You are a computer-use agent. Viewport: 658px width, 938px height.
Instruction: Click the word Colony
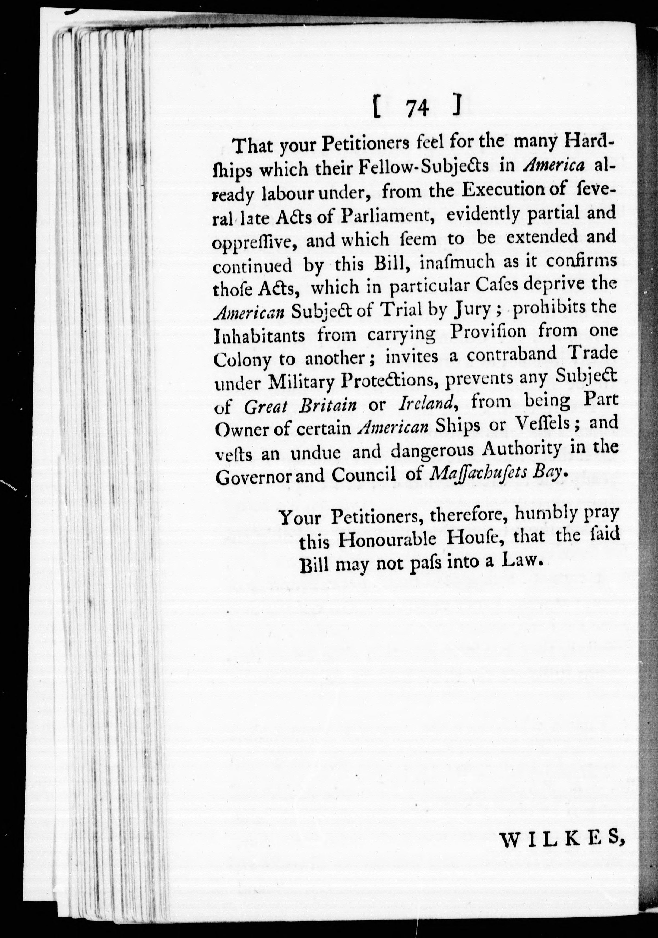coord(242,361)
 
